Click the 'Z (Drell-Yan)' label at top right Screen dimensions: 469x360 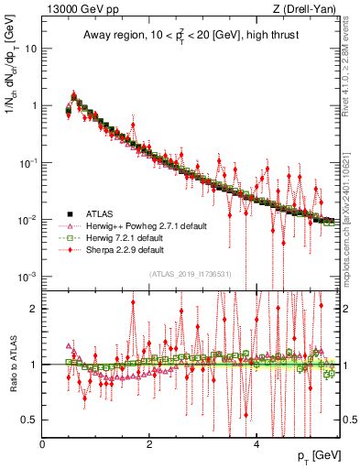308,9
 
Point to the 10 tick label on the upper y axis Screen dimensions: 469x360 31,49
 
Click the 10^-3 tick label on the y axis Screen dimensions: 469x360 28,277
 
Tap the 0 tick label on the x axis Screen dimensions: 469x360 43,443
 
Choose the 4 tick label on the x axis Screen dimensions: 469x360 256,443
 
